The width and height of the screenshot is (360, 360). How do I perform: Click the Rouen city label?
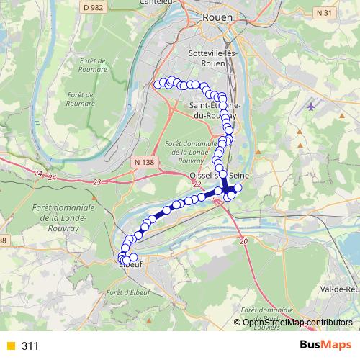(216, 17)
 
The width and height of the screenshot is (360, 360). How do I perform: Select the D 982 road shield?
(89, 7)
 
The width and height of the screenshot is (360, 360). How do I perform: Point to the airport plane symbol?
(310, 107)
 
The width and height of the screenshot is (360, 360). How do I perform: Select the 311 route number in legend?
(30, 346)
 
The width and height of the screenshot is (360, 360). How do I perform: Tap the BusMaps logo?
(325, 346)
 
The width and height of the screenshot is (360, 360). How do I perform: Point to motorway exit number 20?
(243, 240)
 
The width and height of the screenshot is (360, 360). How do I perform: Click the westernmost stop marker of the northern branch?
(158, 84)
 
